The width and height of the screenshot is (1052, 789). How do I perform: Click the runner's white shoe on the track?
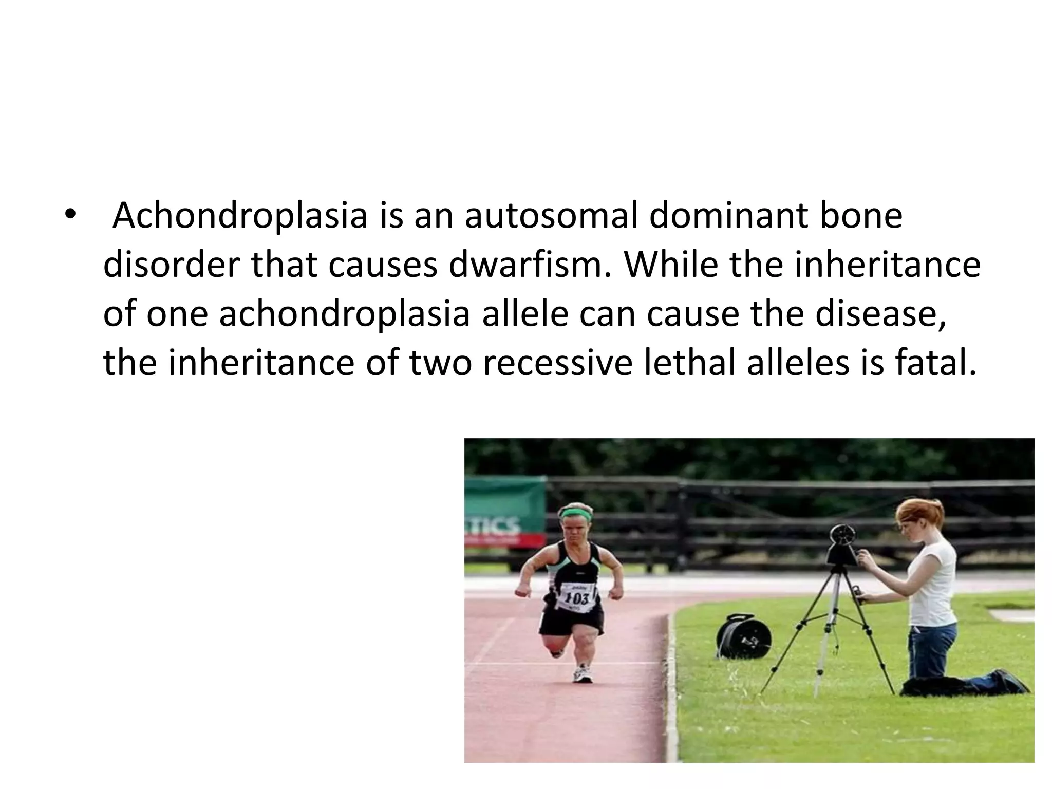tap(583, 674)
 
